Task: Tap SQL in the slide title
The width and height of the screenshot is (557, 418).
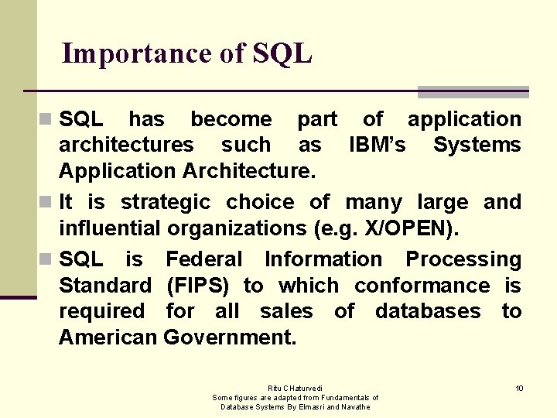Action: point(282,54)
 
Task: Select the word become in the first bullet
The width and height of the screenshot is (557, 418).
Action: point(231,119)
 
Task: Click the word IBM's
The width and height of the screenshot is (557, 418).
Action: point(378,145)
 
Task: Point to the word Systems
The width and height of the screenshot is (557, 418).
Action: point(477,145)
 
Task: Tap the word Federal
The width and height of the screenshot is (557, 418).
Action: point(204,259)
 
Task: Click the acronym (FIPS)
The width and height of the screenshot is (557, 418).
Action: point(197,286)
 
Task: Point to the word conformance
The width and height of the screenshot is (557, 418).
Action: point(422,286)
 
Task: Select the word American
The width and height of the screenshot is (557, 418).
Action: point(108,337)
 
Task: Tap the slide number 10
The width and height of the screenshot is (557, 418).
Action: point(520,388)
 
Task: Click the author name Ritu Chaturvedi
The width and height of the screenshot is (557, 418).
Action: point(296,388)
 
